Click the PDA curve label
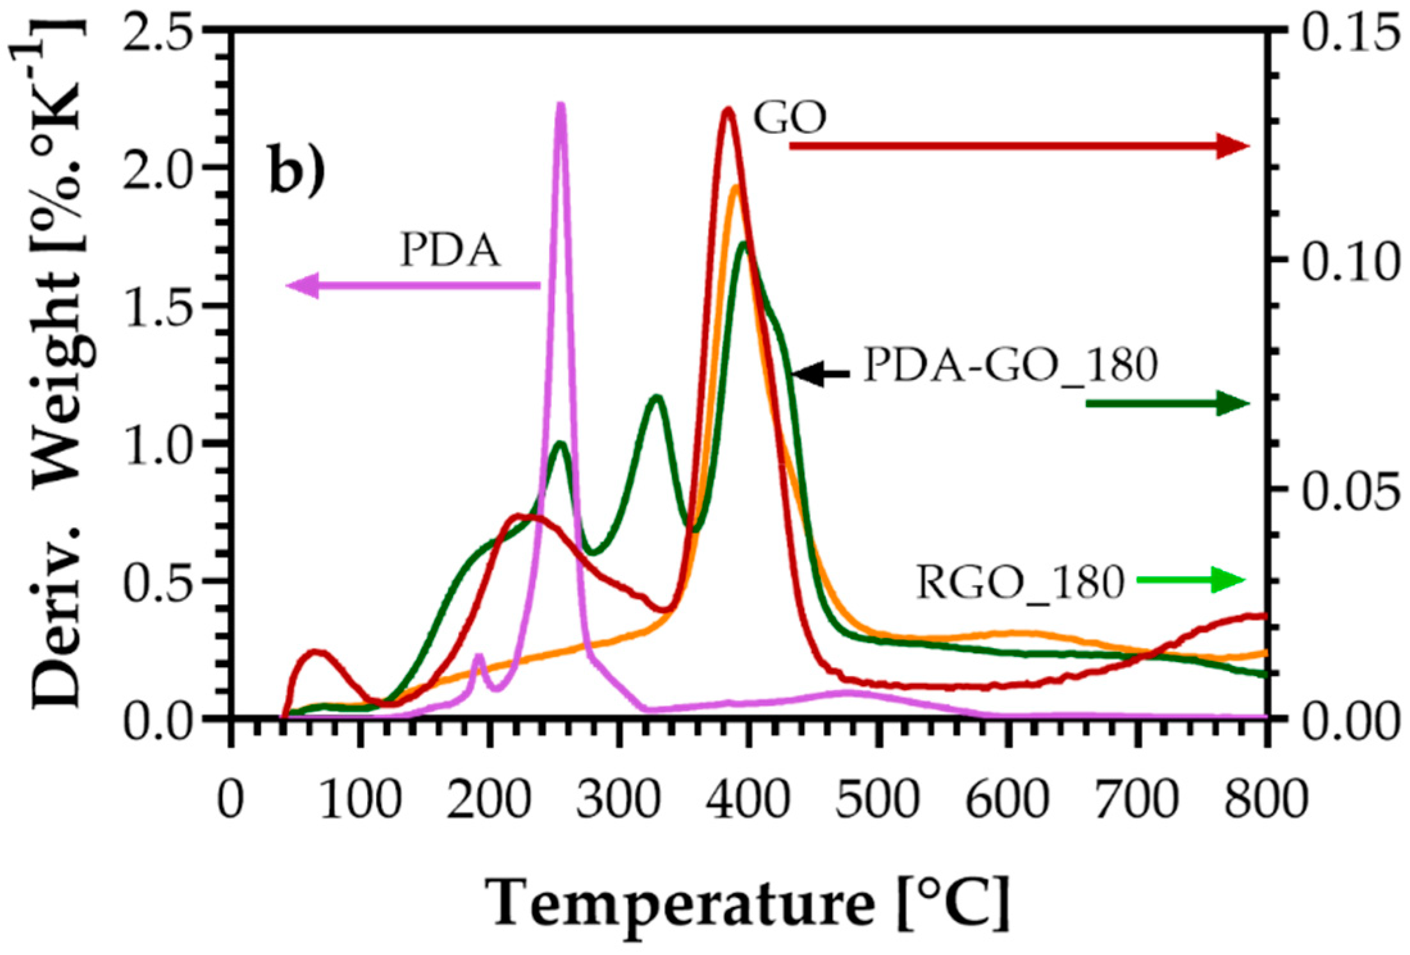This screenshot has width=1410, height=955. point(450,251)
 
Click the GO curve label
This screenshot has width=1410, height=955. point(789,118)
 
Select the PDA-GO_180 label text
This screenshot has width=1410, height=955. point(1010,366)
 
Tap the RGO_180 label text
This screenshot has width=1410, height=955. point(1020,583)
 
